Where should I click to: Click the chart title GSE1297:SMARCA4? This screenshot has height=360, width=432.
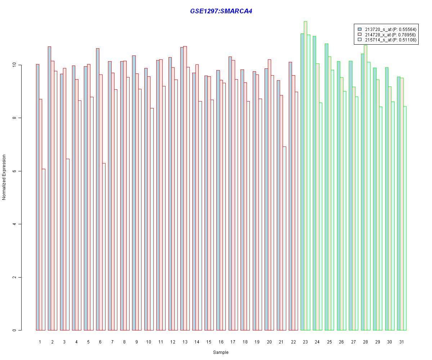coord(221,11)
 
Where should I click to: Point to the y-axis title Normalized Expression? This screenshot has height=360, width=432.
coord(4,177)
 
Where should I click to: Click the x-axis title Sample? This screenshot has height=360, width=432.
coord(220,352)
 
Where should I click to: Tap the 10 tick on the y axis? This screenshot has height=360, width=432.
coord(15,65)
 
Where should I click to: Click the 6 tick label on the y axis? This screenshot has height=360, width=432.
coord(15,171)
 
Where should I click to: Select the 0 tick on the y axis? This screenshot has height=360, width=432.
coord(15,330)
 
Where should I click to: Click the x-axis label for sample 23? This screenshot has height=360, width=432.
coord(305,342)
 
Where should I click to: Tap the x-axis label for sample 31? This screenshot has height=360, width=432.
coord(401,342)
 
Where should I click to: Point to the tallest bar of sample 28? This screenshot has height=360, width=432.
coord(365,188)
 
